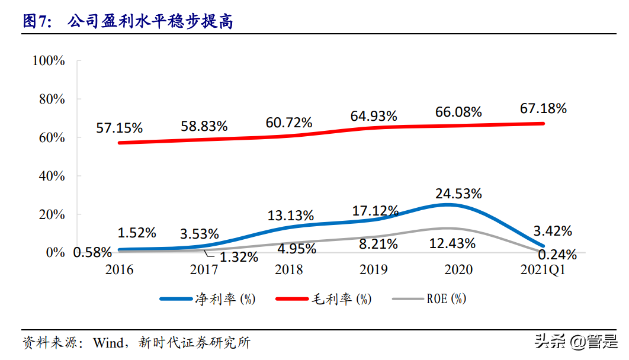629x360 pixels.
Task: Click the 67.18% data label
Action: [543, 108]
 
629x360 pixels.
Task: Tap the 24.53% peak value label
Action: [458, 194]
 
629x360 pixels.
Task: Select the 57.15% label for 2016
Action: [119, 127]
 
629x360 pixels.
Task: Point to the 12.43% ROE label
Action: [452, 243]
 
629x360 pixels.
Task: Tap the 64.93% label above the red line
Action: [373, 116]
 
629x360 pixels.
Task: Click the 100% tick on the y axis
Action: [49, 60]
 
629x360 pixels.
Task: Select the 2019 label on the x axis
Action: [374, 270]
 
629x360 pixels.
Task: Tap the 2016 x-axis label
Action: [119, 270]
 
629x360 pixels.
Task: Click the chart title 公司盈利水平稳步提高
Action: [150, 22]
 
